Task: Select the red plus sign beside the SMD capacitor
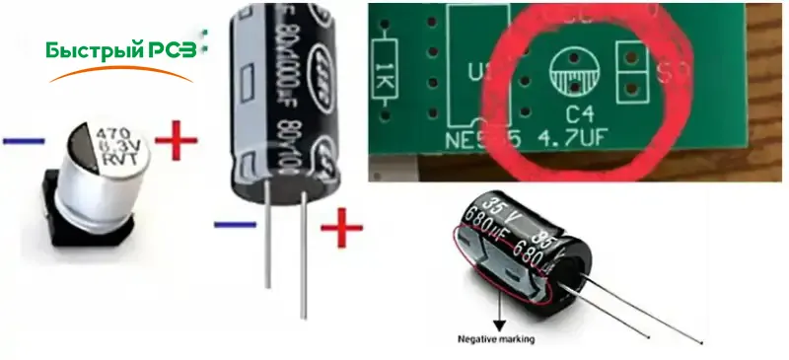point(176,143)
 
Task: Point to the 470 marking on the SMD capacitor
point(109,128)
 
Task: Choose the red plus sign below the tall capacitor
point(340,230)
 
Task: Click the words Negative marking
point(495,340)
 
